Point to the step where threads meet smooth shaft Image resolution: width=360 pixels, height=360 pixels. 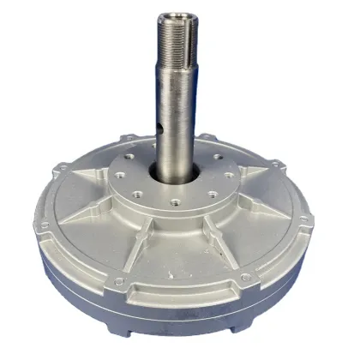[x=178, y=75]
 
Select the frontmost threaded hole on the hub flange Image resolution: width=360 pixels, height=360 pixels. [x=175, y=203]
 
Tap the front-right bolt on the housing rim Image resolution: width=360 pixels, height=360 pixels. [x=245, y=275]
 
